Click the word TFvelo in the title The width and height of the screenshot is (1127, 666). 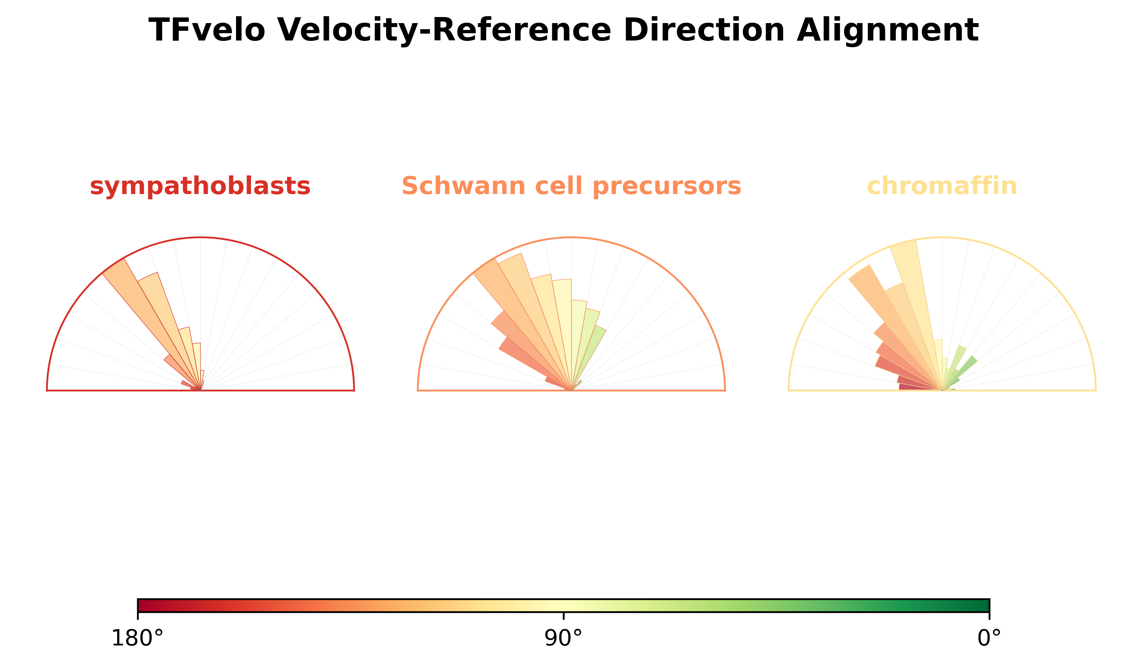pos(207,30)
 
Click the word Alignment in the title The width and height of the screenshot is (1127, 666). pos(888,30)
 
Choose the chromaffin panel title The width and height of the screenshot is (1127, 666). pos(942,186)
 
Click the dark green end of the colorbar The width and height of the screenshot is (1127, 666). pos(984,605)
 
